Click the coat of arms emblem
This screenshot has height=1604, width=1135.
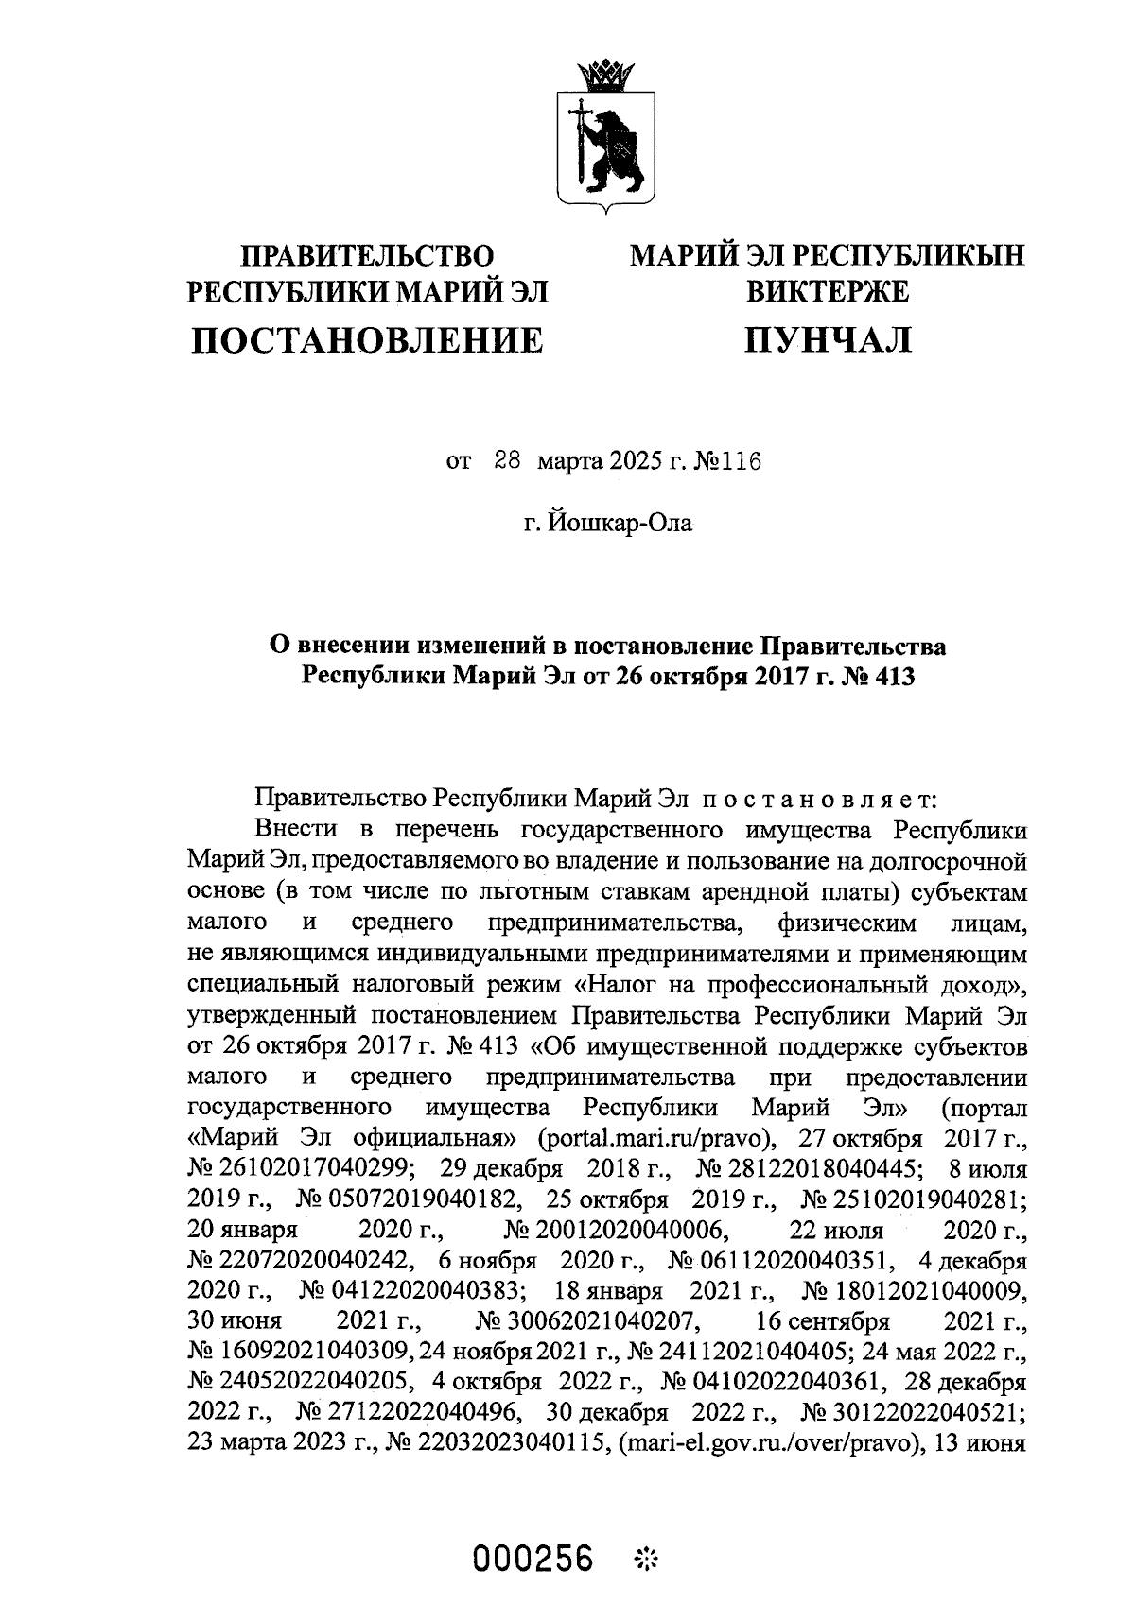point(602,142)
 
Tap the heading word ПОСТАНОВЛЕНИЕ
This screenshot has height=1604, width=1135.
point(368,339)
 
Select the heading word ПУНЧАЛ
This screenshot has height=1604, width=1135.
point(828,339)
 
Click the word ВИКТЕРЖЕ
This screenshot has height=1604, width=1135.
point(828,291)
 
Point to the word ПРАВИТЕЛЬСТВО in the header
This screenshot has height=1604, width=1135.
point(368,256)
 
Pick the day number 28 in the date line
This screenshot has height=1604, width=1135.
point(508,462)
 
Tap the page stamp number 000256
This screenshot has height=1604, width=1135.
point(533,1557)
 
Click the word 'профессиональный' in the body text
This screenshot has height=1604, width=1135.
point(803,984)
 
